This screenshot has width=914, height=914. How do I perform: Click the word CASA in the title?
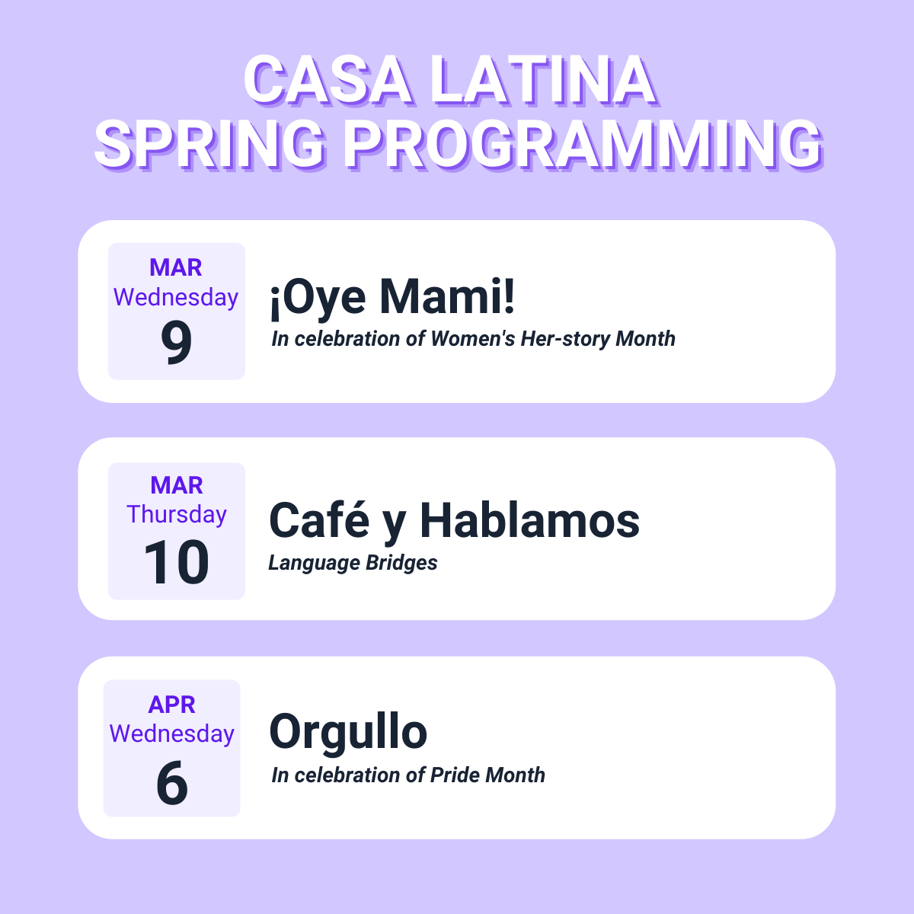pos(328,80)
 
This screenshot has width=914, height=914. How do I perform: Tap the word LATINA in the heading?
pos(544,80)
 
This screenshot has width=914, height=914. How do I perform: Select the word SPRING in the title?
pos(210,144)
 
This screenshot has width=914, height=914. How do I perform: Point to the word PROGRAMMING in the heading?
pos(583,144)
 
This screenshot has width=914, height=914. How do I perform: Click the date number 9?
pos(177,341)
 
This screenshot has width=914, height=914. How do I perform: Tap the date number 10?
pos(177,562)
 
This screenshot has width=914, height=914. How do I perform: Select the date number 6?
pos(171,783)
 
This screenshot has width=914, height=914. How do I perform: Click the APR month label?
pos(171,705)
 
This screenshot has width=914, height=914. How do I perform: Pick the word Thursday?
pos(177,515)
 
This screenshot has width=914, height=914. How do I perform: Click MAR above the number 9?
pos(176,267)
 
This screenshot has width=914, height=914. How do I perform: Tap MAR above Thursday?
pos(177,485)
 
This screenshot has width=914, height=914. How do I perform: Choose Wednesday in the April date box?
pos(171,733)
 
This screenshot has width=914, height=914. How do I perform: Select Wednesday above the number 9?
pos(176,297)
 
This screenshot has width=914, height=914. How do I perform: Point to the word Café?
pos(318,520)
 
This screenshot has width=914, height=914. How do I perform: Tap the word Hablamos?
pos(530,520)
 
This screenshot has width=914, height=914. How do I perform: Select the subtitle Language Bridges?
pos(353,563)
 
